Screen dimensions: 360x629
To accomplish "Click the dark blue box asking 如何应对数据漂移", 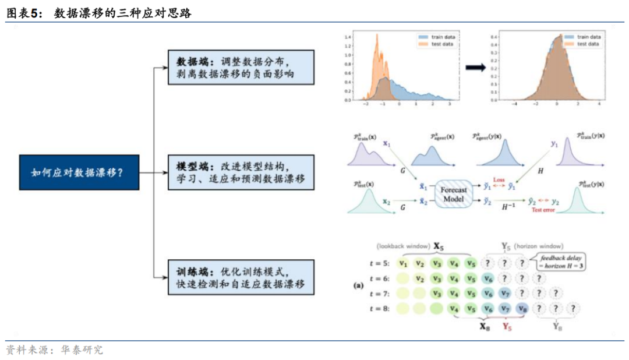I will click(79, 172).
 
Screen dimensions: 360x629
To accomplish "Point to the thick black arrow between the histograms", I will click(475, 68).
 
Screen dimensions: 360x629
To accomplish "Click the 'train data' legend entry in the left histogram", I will click(438, 37).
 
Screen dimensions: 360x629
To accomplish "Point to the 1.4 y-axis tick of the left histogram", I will click(347, 37).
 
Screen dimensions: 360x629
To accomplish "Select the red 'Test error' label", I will click(544, 210).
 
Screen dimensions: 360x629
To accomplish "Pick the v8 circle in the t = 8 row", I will click(522, 309).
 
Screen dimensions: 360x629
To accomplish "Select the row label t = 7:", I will click(380, 294).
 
